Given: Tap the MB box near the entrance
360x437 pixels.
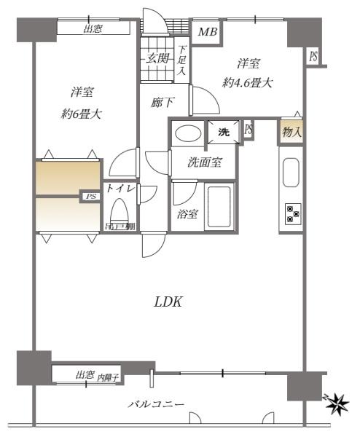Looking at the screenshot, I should pos(207,32).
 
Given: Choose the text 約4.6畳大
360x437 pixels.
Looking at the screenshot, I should pos(249,83).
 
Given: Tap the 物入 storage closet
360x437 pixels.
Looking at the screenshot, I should pos(291,132).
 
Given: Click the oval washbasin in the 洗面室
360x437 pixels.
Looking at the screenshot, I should pos(188,135).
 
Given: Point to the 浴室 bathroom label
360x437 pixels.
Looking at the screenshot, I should pos(187,214).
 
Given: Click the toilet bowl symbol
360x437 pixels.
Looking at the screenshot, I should pos(120,213).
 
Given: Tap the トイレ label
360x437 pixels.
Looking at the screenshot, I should pos(120,188).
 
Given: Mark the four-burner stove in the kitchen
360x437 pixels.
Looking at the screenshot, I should pos(292,213).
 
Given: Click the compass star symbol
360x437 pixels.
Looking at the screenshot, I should pos(337,401).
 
